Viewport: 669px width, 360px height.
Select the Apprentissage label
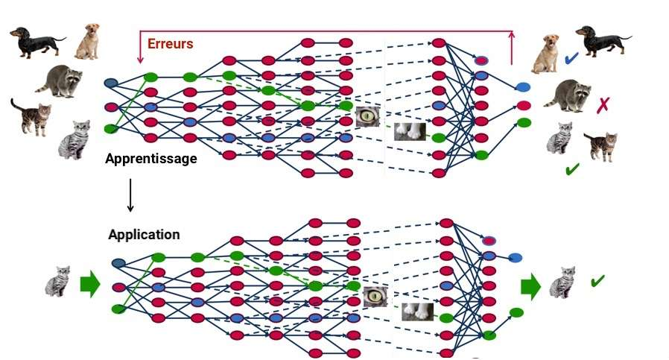pyautogui.click(x=151, y=158)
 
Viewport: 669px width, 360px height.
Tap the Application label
pyautogui.click(x=144, y=234)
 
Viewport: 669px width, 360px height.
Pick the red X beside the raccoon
pyautogui.click(x=603, y=105)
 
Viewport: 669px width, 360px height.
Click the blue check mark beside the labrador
pyautogui.click(x=571, y=58)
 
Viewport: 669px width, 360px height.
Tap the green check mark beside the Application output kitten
pyautogui.click(x=597, y=281)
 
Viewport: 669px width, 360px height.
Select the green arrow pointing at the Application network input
pyautogui.click(x=89, y=284)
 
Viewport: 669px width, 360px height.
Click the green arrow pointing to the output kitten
pyautogui.click(x=530, y=285)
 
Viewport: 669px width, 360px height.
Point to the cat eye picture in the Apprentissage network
pyautogui.click(x=367, y=116)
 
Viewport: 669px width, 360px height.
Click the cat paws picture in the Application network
pyautogui.click(x=418, y=311)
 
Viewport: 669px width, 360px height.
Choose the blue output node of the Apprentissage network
pyautogui.click(x=523, y=88)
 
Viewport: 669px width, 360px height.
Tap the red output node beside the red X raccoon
pyautogui.click(x=524, y=105)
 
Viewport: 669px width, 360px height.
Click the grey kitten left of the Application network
pyautogui.click(x=57, y=281)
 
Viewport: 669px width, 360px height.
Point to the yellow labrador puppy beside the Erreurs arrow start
pyautogui.click(x=87, y=41)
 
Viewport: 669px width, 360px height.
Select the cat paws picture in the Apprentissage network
pyautogui.click(x=410, y=131)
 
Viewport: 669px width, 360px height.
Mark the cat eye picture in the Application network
pyautogui.click(x=375, y=297)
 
